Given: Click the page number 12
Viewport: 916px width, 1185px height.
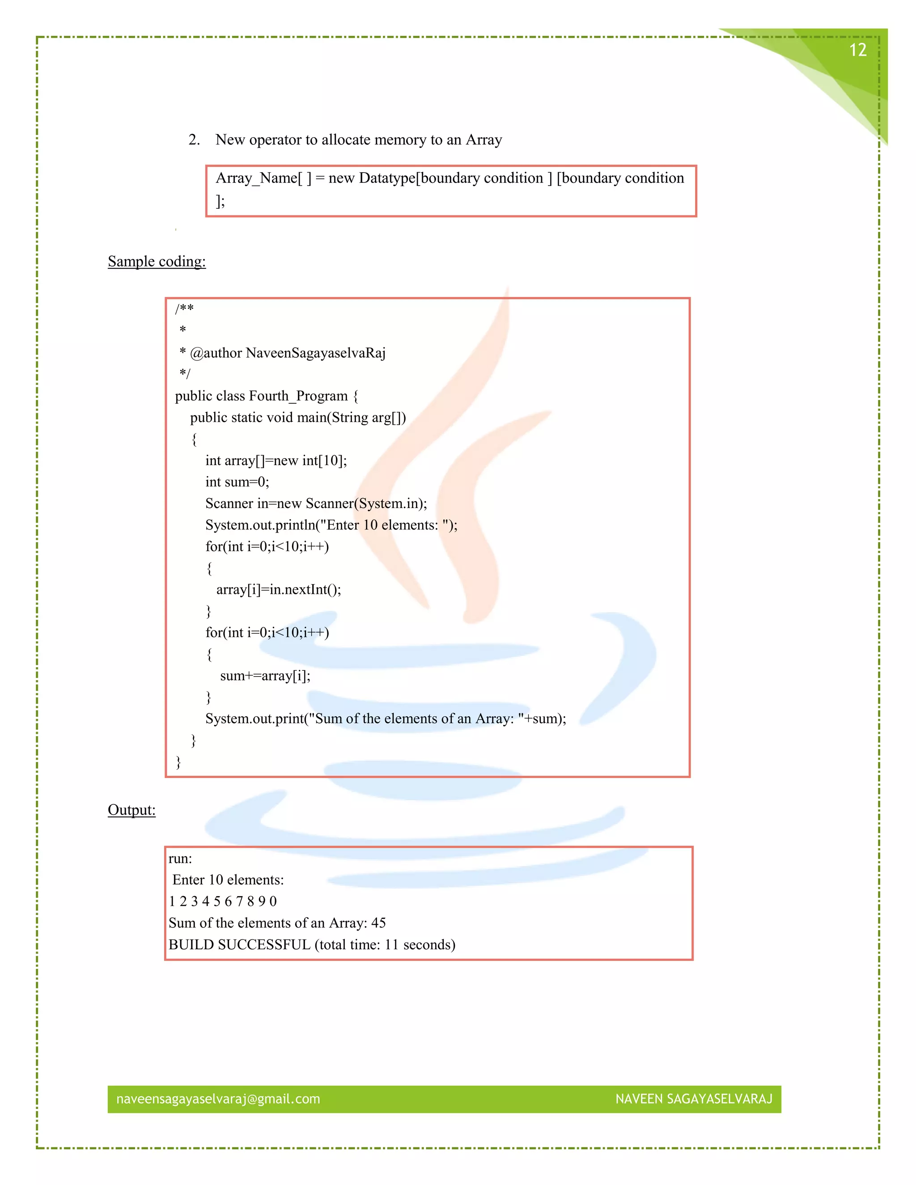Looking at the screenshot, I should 857,51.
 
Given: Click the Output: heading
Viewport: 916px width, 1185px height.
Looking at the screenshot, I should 131,810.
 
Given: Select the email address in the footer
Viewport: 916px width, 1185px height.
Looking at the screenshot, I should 218,1099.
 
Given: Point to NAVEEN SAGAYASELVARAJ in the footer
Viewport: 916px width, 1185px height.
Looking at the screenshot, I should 694,1099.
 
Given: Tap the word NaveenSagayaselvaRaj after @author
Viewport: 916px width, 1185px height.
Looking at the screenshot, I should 315,353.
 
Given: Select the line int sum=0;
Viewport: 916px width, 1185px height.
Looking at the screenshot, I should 237,482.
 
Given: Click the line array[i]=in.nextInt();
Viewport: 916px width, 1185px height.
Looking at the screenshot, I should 278,590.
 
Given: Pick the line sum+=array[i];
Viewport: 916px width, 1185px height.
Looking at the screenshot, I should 265,676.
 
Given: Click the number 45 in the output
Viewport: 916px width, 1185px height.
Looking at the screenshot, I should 378,923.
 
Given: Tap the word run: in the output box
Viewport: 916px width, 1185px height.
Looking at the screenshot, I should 180,859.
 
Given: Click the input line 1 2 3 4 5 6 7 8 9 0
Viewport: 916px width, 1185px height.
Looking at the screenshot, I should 222,901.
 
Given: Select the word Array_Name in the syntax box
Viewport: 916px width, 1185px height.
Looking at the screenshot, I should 257,178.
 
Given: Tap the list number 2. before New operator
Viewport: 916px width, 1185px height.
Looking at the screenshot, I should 194,140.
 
